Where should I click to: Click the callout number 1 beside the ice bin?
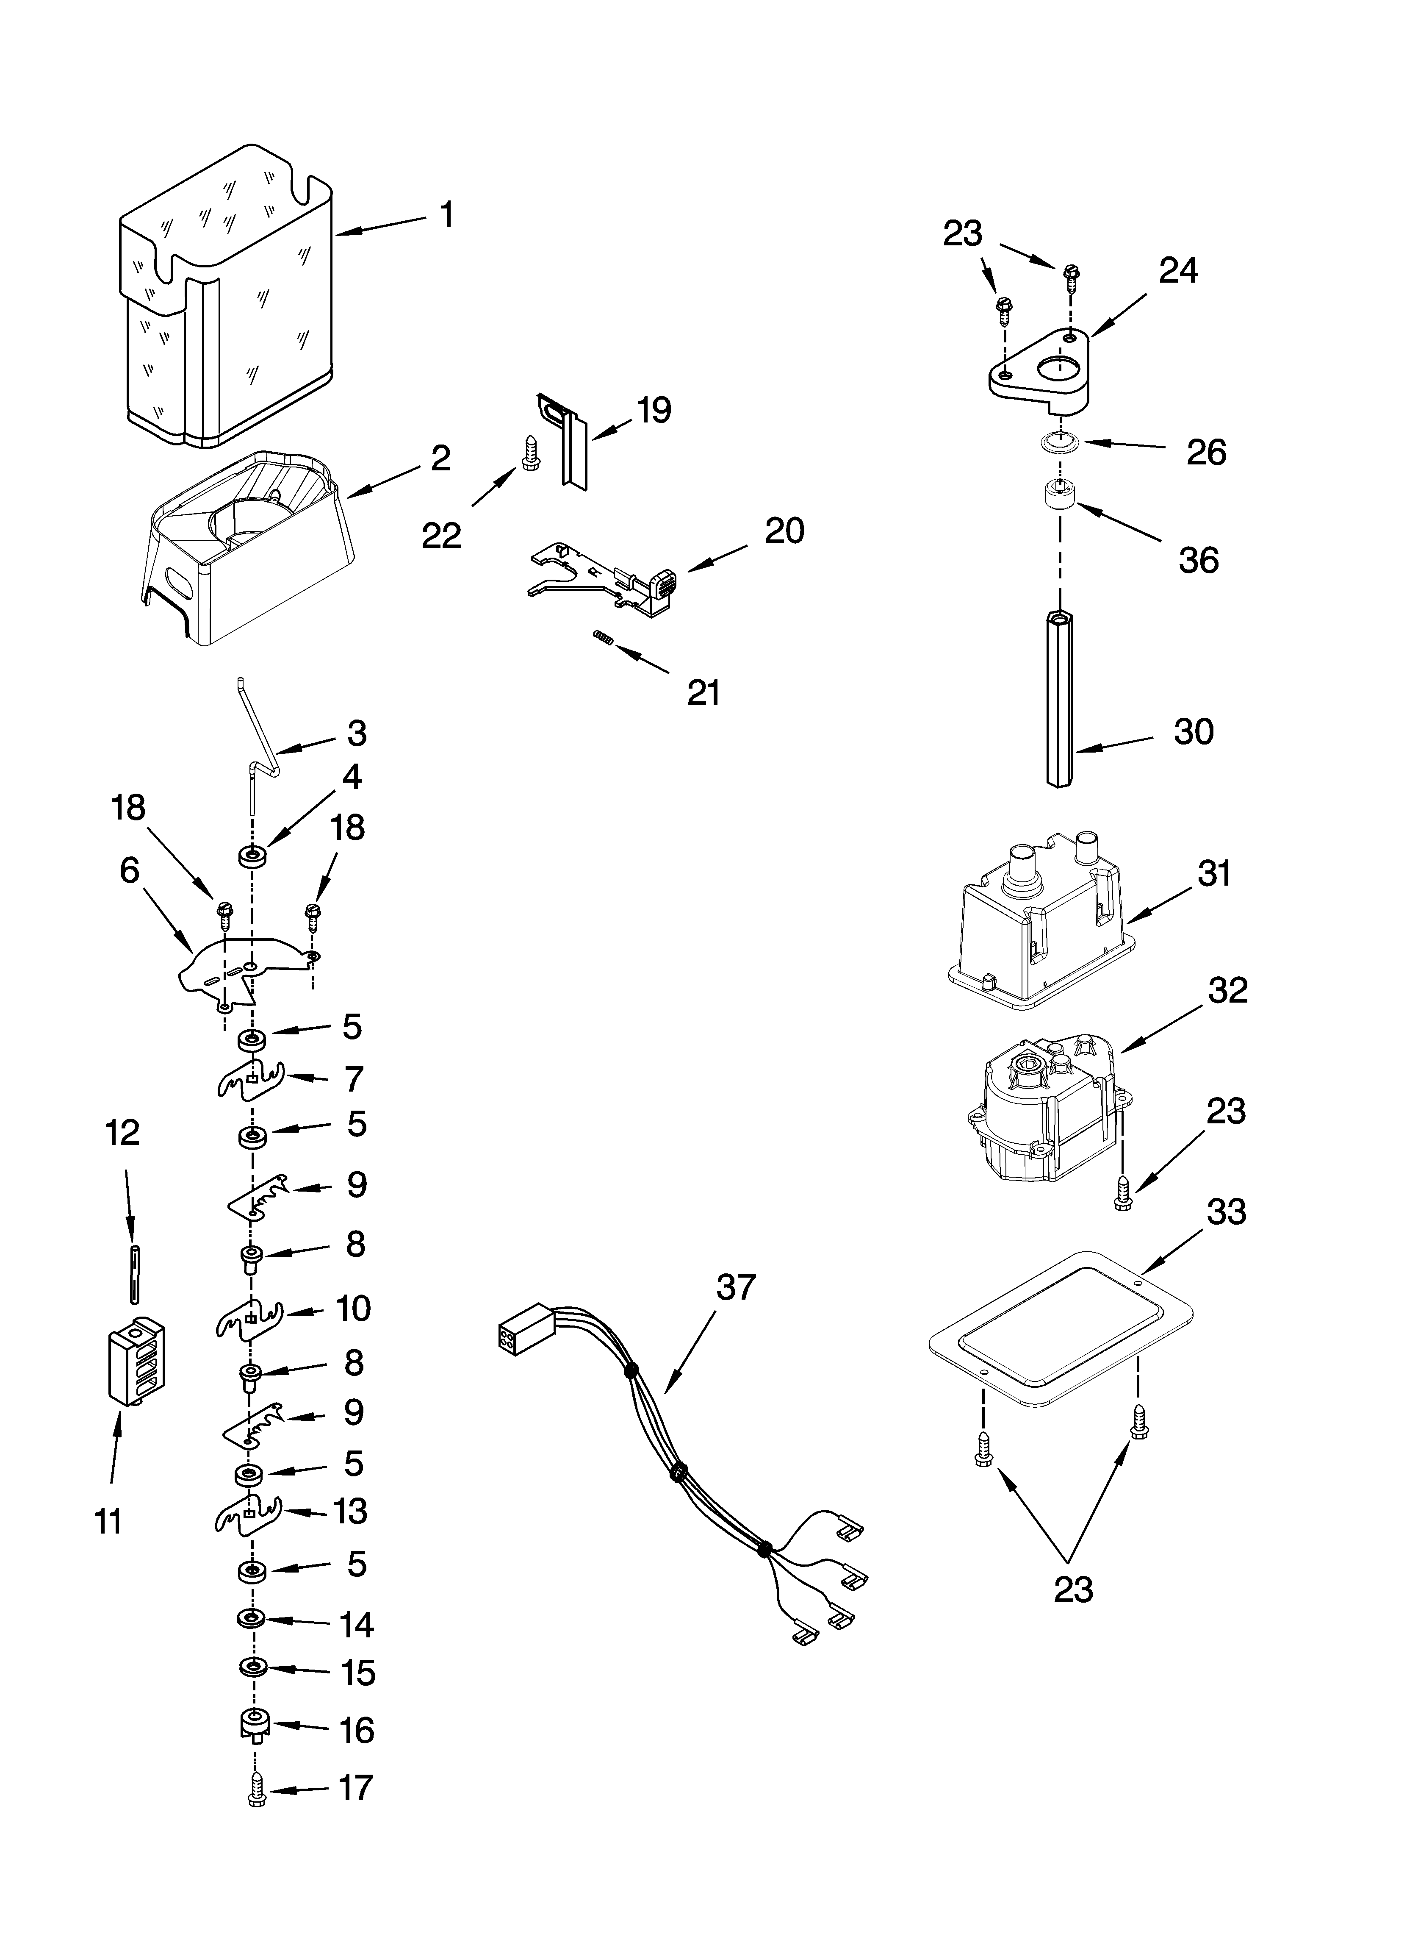point(446,214)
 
